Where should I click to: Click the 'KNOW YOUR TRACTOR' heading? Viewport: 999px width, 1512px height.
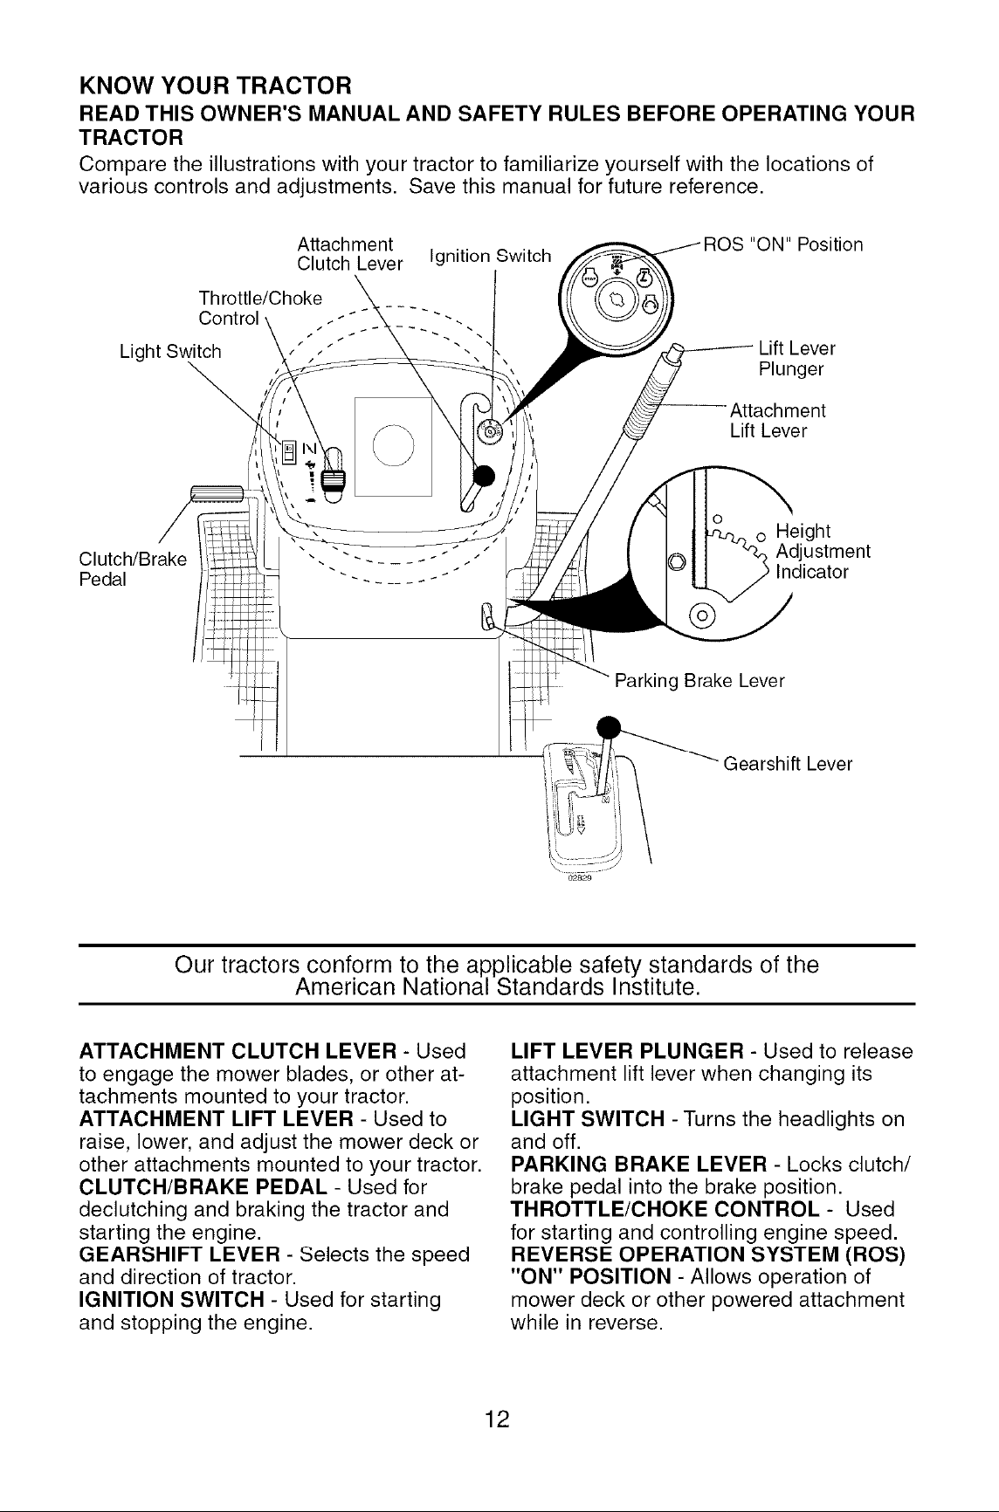coord(216,87)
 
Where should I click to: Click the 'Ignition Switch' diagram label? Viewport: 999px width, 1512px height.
coord(490,258)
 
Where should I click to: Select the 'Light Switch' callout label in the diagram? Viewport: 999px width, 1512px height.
coord(170,352)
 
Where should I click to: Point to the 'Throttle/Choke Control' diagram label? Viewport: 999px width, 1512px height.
coord(260,307)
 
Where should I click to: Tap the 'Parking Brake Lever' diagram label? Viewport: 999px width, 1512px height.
coord(700,680)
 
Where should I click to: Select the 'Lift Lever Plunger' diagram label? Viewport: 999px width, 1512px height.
coord(797,359)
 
